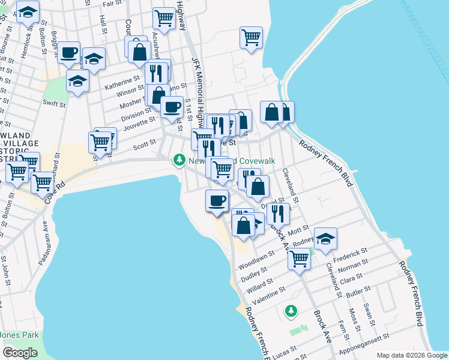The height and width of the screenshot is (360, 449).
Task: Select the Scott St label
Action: coord(144,143)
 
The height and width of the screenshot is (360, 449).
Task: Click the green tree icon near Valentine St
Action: coord(291,310)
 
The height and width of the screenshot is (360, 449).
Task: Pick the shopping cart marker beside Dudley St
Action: coord(299,259)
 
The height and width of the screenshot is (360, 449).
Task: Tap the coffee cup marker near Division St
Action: coord(172,107)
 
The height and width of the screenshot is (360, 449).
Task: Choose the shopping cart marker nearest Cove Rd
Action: coord(43,182)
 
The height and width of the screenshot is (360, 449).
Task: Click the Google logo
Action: coord(20,353)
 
